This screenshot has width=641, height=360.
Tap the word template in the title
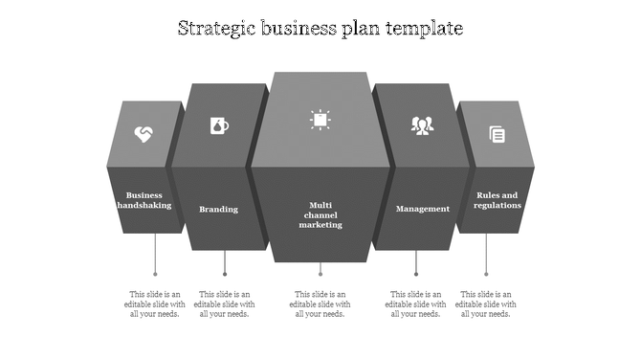425,29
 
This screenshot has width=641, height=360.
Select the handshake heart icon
143,134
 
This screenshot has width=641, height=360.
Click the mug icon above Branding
219,125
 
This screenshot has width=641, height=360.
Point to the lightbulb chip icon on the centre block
320,119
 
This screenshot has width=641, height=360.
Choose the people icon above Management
422,125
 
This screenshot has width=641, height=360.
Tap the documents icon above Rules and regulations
497,134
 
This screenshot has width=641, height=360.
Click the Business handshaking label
144,199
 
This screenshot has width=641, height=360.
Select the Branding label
218,209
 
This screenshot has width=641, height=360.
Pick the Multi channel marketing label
320,214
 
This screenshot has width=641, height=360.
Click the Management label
422,209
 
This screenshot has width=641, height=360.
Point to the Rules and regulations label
497,199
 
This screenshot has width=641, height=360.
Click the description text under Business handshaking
155,304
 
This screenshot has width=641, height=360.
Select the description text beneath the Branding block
225,304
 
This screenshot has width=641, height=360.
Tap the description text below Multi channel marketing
320,304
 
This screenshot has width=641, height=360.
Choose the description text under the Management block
416,304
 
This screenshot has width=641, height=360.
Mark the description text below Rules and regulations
486,304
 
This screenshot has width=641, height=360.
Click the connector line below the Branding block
225,263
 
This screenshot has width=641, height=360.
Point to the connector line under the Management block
416,263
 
